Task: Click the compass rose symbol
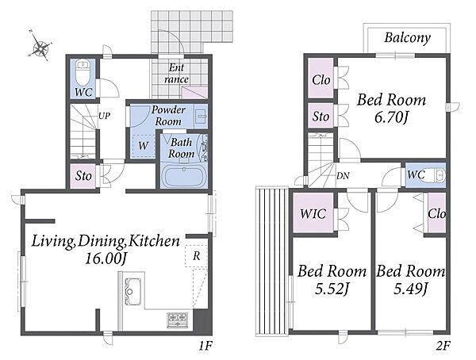41,46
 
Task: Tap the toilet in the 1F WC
83,72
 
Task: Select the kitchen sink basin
133,291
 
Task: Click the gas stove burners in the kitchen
177,320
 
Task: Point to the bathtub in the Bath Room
183,176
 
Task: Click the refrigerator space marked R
196,255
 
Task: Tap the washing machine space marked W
143,145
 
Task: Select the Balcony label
407,38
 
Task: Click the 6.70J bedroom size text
390,117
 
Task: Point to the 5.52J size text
332,289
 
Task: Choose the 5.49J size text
411,289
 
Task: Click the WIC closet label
313,213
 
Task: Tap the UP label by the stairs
104,116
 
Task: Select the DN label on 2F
343,175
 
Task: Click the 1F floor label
205,346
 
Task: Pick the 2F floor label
443,346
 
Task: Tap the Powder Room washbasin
201,115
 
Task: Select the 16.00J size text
106,259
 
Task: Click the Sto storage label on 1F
83,176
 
